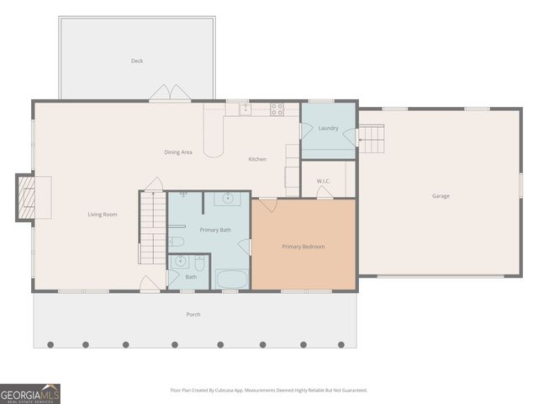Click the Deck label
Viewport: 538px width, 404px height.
pyautogui.click(x=137, y=61)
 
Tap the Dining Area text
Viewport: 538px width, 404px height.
pyautogui.click(x=178, y=151)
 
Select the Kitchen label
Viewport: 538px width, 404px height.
pyautogui.click(x=257, y=159)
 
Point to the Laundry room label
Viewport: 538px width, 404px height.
pyautogui.click(x=329, y=128)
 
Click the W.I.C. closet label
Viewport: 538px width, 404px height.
pyautogui.click(x=324, y=181)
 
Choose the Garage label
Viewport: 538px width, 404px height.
pyautogui.click(x=440, y=196)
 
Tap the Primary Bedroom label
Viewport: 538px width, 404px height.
pyautogui.click(x=303, y=247)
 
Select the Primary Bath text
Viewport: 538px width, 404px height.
pyautogui.click(x=215, y=230)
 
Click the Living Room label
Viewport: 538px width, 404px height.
pyautogui.click(x=103, y=214)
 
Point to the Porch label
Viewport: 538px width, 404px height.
pyautogui.click(x=193, y=314)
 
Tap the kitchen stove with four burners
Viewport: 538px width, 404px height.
pyautogui.click(x=277, y=109)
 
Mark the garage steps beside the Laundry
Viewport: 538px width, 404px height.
pyautogui.click(x=371, y=138)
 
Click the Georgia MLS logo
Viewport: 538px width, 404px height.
pyautogui.click(x=30, y=394)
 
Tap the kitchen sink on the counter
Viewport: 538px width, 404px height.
pyautogui.click(x=245, y=109)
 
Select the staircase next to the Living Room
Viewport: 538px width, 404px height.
pyautogui.click(x=152, y=227)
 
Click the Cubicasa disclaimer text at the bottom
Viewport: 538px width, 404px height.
pyautogui.click(x=269, y=390)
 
